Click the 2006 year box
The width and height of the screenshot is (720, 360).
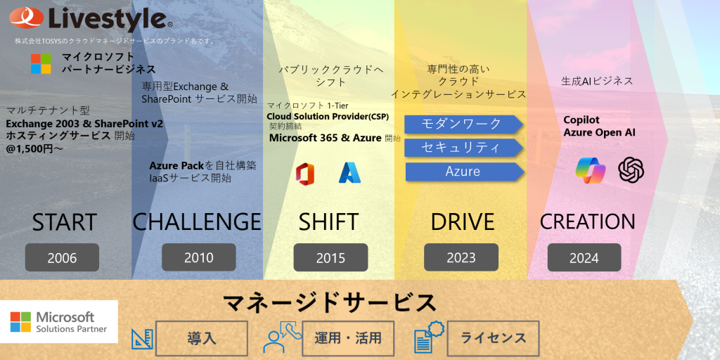tap(62, 257)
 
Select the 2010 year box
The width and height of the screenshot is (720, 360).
tap(199, 257)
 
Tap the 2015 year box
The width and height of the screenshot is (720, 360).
tap(330, 257)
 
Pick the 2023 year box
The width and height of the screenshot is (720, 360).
tap(461, 257)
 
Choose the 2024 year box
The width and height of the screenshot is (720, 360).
tap(584, 257)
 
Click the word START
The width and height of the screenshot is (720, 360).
tap(64, 222)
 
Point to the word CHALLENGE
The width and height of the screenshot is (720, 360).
tap(197, 222)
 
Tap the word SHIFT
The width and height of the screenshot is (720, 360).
tap(329, 222)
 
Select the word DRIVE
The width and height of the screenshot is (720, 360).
tap(463, 222)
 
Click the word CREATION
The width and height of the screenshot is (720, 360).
tap(587, 222)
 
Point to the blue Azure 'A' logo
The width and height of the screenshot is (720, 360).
tap(350, 173)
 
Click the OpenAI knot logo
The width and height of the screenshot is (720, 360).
tap(631, 170)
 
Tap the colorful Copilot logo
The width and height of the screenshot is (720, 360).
tap(591, 170)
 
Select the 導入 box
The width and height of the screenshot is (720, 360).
tap(202, 339)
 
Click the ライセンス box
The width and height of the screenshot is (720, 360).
tap(493, 339)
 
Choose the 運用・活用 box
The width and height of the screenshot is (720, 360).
tap(348, 339)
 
